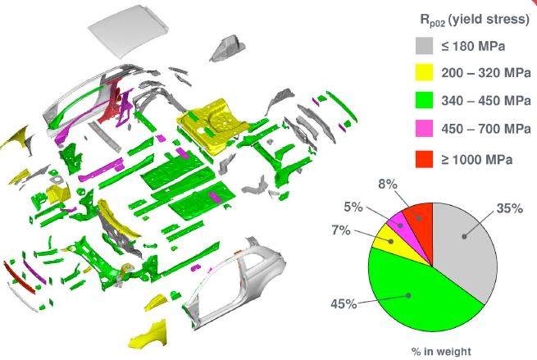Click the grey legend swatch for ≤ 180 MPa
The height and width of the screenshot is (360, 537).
click(424, 46)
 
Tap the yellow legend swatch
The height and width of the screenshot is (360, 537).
click(424, 72)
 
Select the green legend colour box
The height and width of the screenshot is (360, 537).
click(424, 100)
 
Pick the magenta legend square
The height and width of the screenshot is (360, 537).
click(424, 129)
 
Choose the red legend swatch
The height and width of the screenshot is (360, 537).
click(424, 159)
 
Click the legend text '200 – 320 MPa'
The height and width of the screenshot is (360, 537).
click(486, 73)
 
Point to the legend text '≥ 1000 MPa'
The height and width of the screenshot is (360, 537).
click(476, 160)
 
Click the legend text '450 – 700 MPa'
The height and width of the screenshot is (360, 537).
click(486, 129)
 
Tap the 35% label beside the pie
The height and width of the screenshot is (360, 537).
click(510, 208)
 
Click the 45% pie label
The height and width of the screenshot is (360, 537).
click(344, 303)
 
